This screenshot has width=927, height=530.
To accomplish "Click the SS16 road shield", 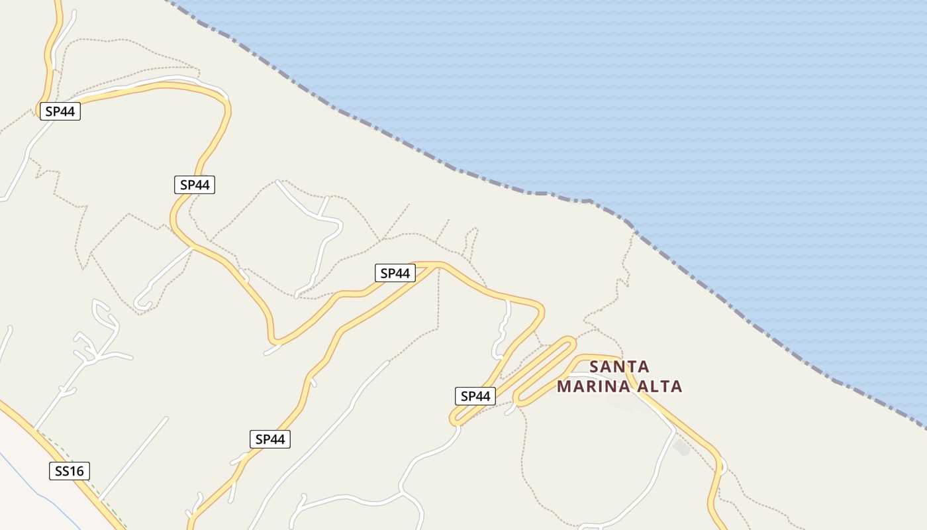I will pos(70,471).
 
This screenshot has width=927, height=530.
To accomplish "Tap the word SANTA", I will pos(619,366).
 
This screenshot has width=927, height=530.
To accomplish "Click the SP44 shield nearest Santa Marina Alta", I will pos(475,396).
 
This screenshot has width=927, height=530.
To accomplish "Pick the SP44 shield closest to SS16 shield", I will pos(270,439).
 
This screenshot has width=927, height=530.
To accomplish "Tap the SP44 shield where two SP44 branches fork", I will pos(395,273).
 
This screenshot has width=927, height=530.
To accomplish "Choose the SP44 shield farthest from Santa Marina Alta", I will pos(60,111).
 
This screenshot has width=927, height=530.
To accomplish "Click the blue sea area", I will pos(662,99).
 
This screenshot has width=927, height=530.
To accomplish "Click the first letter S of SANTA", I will pos(594,366).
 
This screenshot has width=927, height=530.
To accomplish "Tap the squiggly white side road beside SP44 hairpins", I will pos(502,331).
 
